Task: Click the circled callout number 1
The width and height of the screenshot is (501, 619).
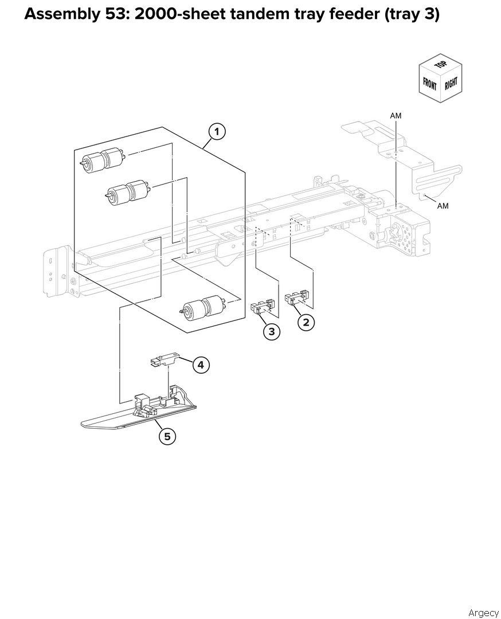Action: point(217,132)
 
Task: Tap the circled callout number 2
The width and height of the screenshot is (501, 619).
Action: point(306,323)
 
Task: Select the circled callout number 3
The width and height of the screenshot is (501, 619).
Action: point(272,332)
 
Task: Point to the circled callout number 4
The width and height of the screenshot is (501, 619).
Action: point(201,365)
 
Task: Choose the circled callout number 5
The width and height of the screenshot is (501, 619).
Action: point(167,437)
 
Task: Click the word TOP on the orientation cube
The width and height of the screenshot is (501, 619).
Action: point(441,64)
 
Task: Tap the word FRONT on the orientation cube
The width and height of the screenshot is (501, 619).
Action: point(429,84)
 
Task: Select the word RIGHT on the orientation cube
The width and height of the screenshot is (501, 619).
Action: point(451,84)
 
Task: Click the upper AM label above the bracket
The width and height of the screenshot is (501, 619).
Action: point(396,116)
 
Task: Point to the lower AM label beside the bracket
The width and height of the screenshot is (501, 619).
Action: point(443,206)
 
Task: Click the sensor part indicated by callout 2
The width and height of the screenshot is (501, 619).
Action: point(296,297)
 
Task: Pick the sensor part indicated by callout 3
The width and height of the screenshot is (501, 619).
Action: point(263,306)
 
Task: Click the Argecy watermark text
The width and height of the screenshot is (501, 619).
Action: point(483,613)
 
